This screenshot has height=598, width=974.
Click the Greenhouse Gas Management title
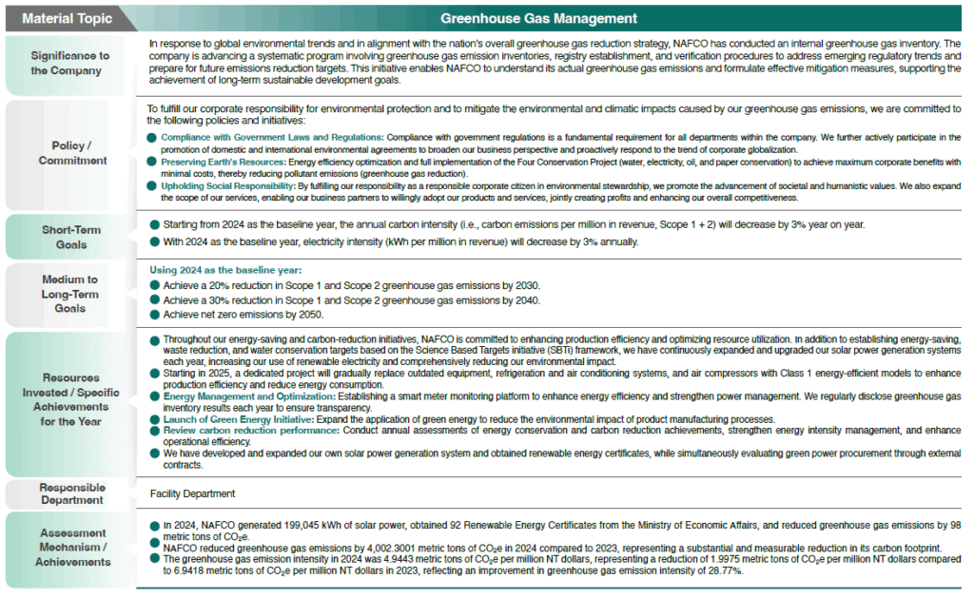coord(538,18)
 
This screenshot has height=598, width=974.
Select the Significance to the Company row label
coord(69,64)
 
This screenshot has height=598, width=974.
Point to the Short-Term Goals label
coord(70,237)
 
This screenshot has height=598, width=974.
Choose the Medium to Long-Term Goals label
coord(69,294)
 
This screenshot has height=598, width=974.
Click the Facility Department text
coord(192,493)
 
